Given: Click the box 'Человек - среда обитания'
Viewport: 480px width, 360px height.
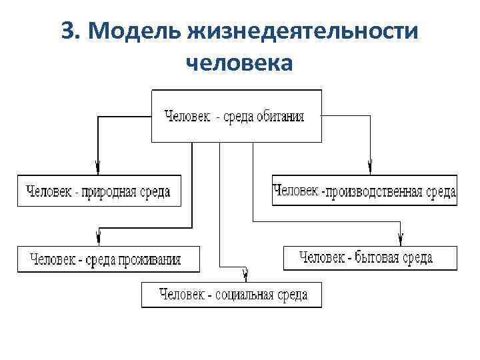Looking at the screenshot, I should (x=237, y=116).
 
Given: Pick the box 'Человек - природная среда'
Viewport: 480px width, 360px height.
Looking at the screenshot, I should (x=99, y=191).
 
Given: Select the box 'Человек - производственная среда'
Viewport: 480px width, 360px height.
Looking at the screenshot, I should (x=365, y=191).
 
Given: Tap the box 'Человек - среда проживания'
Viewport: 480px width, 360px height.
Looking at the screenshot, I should (x=108, y=259).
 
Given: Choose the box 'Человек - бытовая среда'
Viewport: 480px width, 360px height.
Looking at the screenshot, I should (x=370, y=257).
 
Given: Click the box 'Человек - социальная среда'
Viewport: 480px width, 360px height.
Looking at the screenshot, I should (x=231, y=295).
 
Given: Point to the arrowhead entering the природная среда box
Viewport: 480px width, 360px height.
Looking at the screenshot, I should (x=98, y=166).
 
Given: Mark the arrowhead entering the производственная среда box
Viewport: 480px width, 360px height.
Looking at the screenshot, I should (x=370, y=166).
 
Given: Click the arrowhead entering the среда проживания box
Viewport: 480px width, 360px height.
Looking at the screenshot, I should (x=98, y=237).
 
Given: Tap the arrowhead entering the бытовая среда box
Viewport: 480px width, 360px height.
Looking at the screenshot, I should (x=401, y=237).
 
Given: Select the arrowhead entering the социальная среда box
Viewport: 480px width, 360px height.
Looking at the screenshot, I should (x=245, y=274).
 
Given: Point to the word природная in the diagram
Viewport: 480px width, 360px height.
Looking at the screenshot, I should (x=109, y=192).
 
